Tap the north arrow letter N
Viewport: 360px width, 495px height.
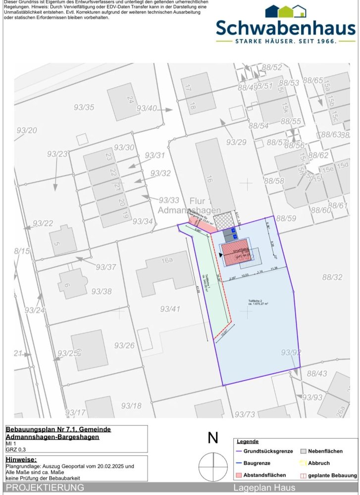213,438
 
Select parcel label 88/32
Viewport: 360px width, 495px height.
332,277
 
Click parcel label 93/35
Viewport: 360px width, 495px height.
84,107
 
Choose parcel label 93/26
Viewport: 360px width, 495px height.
124,345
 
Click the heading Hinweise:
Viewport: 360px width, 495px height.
21,460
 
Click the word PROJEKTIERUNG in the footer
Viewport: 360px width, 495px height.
45,488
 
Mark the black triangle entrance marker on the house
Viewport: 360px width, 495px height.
220,254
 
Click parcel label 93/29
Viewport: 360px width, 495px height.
236,142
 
